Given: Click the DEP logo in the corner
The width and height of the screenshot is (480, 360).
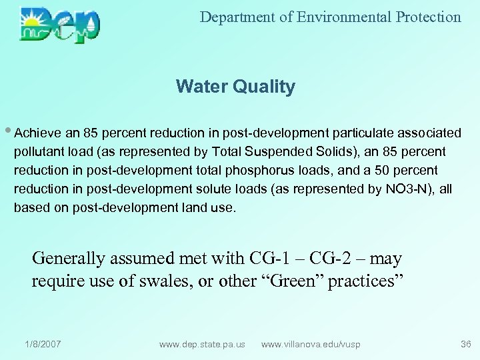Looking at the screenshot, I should (x=60, y=25).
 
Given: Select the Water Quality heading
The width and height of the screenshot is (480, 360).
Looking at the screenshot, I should (x=235, y=87).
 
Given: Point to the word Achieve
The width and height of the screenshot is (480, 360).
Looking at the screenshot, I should (x=37, y=133).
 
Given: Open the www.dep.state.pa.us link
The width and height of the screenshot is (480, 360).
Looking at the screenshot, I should (x=202, y=344).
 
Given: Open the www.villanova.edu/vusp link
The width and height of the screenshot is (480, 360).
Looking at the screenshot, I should (x=311, y=344).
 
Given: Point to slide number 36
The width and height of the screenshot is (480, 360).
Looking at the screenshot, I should (x=465, y=344).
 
